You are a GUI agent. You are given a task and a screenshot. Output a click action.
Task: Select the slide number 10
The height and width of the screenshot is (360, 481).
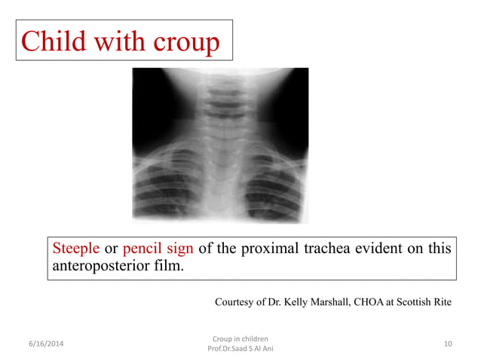[448, 344]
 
